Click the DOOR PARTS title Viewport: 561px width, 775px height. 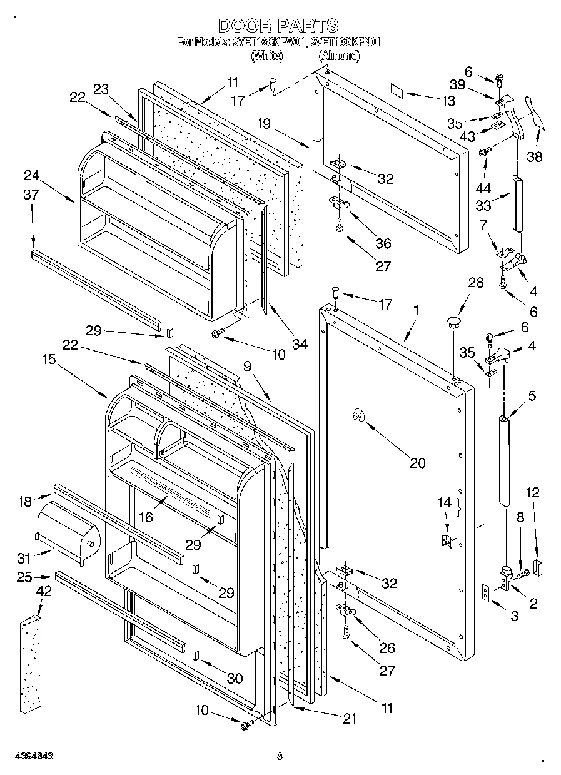[x=278, y=26]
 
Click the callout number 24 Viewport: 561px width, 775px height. [x=32, y=175]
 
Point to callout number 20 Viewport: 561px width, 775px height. [x=417, y=463]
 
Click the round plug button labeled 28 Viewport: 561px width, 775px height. [x=452, y=322]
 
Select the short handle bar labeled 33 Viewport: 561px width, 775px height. [x=518, y=203]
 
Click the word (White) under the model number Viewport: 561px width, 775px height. [x=267, y=56]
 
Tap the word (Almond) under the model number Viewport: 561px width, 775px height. [x=339, y=56]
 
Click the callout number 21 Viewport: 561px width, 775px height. [x=350, y=719]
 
